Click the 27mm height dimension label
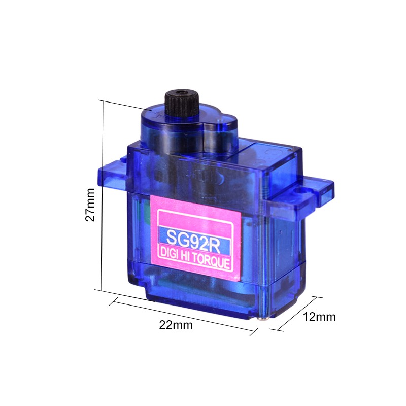tap(90, 205)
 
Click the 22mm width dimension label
tap(176, 325)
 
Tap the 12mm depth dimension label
tap(319, 317)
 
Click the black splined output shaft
tap(182, 105)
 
